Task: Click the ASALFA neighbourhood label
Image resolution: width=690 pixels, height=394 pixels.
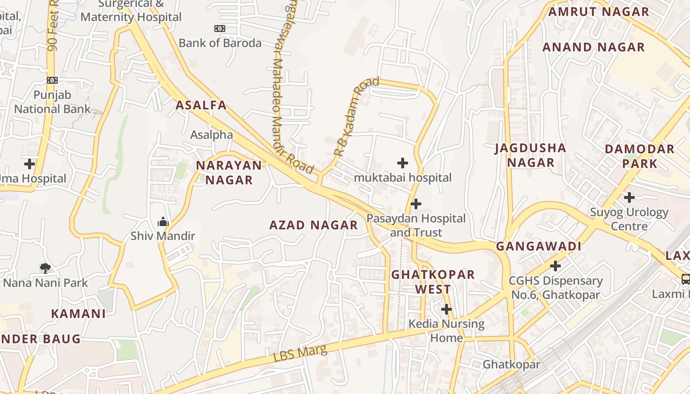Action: click(201, 105)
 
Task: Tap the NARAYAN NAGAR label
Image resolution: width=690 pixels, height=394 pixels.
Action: click(229, 172)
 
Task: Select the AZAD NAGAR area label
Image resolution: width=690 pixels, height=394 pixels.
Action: click(313, 226)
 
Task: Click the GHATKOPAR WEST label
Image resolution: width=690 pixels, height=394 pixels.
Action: click(433, 282)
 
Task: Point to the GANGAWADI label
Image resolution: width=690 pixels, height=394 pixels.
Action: click(539, 246)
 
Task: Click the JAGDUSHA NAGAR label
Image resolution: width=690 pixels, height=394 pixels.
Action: click(530, 155)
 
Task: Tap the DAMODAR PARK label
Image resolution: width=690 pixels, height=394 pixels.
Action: click(639, 156)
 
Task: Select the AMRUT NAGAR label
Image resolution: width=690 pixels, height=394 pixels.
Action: click(598, 12)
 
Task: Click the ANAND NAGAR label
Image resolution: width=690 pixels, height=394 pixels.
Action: click(593, 47)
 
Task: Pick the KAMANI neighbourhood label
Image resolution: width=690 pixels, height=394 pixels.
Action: click(78, 314)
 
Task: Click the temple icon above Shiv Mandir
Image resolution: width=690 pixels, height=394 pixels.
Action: click(163, 222)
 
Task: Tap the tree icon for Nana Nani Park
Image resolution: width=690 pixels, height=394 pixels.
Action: click(45, 268)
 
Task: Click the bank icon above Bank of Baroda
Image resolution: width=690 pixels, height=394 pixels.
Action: click(220, 29)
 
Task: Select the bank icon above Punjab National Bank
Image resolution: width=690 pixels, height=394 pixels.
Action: click(52, 80)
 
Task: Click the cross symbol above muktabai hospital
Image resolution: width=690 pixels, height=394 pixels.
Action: click(403, 163)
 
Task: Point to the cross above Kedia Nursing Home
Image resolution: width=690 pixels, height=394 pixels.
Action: click(447, 309)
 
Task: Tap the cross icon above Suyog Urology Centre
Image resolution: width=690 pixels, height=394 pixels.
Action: click(629, 197)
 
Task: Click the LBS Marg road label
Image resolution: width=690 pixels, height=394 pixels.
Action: click(300, 355)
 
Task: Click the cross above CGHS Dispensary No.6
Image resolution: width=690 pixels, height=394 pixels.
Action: click(555, 266)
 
